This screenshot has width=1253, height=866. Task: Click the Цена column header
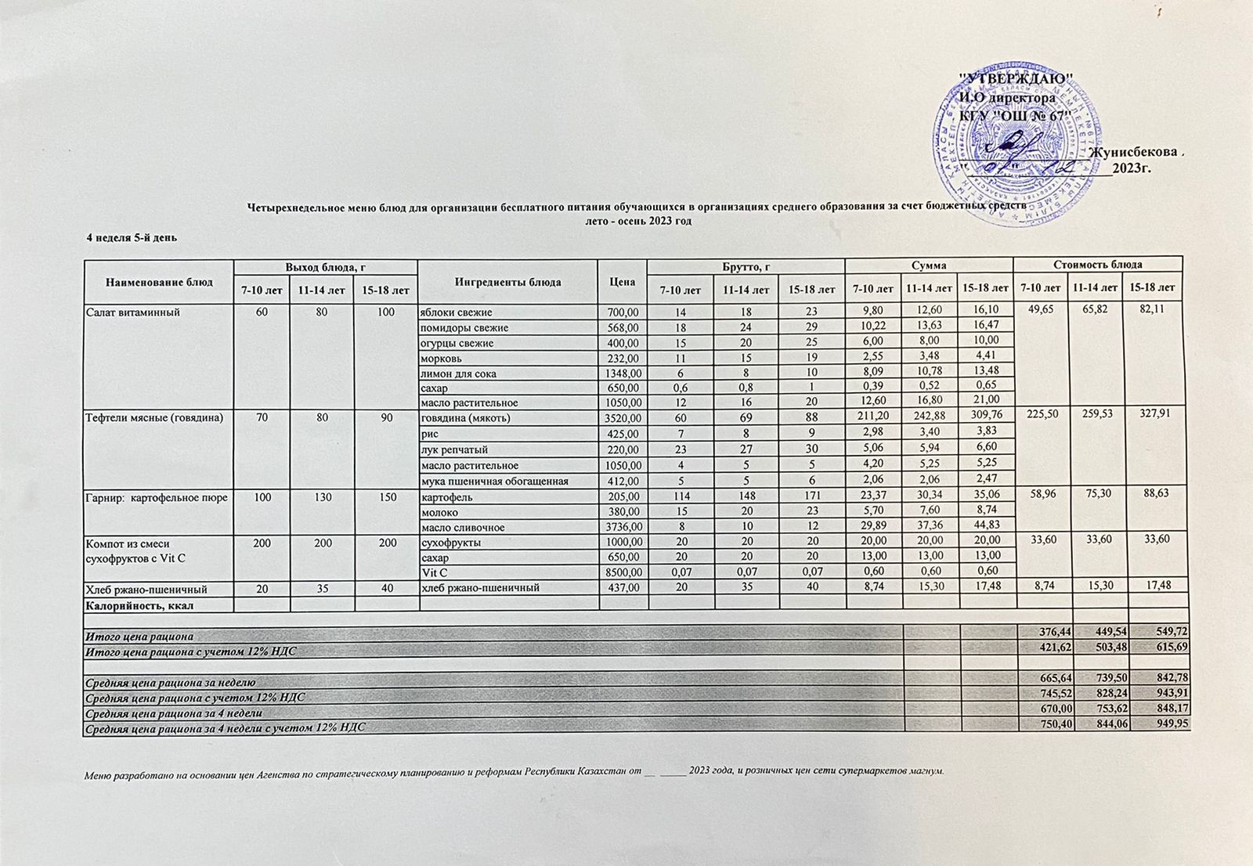click(623, 282)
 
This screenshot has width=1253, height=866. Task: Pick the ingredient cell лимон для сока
click(459, 373)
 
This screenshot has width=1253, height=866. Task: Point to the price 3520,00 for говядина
click(623, 418)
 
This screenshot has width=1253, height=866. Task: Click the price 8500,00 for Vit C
click(623, 572)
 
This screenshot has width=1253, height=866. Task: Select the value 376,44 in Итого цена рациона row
click(1043, 636)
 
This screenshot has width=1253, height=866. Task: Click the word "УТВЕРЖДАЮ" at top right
click(1016, 79)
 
